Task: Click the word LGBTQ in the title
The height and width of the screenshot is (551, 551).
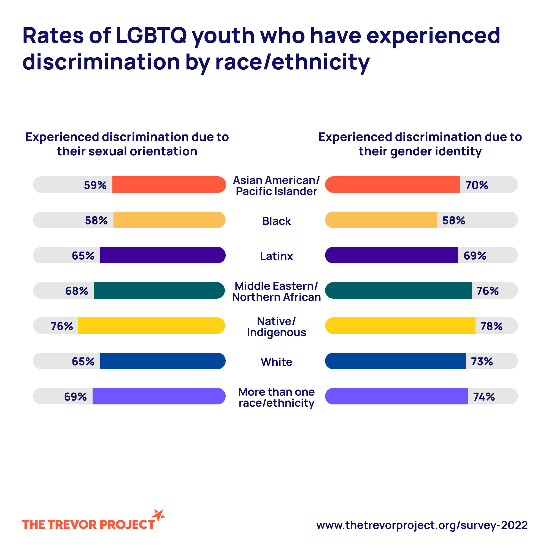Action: click(x=152, y=36)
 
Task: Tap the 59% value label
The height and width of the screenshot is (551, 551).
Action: click(x=95, y=185)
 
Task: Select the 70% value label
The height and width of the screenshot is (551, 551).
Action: click(x=477, y=185)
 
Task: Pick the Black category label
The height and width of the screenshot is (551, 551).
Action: click(x=276, y=221)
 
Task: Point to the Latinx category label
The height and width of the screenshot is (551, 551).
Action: click(x=276, y=256)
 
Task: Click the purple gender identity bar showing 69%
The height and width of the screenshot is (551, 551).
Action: click(x=391, y=255)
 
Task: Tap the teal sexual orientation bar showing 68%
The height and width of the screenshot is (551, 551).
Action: click(x=159, y=290)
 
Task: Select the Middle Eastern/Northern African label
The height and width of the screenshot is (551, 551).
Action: click(x=276, y=291)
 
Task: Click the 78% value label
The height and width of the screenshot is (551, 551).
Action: click(x=491, y=326)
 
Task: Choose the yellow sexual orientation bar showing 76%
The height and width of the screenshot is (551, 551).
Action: click(x=152, y=325)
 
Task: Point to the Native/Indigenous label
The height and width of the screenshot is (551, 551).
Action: click(x=276, y=327)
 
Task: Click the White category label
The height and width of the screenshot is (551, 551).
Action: click(x=276, y=362)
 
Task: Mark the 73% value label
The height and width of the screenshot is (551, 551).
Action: click(x=482, y=361)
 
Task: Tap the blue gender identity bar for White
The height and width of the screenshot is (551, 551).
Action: click(x=395, y=361)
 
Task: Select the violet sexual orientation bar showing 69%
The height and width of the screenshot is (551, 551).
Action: click(x=159, y=396)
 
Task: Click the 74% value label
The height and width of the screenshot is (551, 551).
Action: click(x=484, y=397)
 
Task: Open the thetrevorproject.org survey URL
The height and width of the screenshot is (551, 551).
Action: click(x=422, y=525)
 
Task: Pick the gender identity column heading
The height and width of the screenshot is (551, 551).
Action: click(x=420, y=144)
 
